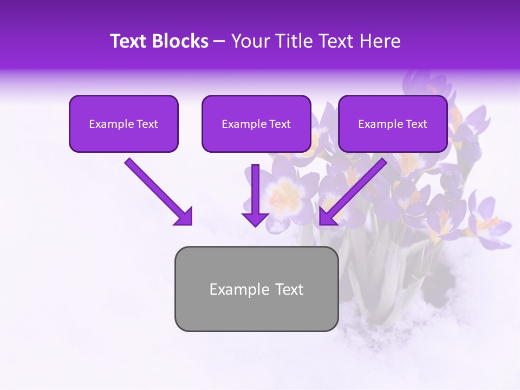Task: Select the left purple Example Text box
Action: tap(123, 124)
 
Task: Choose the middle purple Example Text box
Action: tap(256, 124)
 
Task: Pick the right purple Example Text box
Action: tap(393, 124)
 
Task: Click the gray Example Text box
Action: tap(256, 289)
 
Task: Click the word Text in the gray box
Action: tap(289, 290)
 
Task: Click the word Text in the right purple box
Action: tap(415, 124)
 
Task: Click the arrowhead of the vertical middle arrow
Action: tap(255, 219)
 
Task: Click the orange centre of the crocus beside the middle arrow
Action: tap(279, 198)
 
